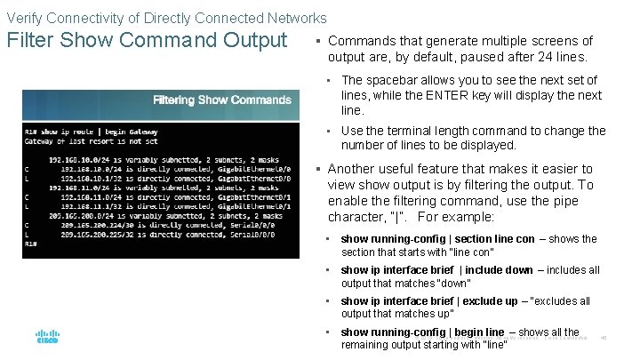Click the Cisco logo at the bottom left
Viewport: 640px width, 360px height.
click(x=47, y=338)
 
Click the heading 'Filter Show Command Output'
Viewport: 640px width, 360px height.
click(x=147, y=41)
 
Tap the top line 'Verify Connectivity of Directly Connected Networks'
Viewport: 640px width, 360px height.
click(x=166, y=18)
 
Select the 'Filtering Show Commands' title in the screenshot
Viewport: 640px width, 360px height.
click(x=211, y=100)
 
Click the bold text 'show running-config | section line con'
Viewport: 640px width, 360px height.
click(x=437, y=239)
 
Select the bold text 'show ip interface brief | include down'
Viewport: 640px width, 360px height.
click(x=436, y=270)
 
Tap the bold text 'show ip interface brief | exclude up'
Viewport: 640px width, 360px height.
click(x=429, y=301)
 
